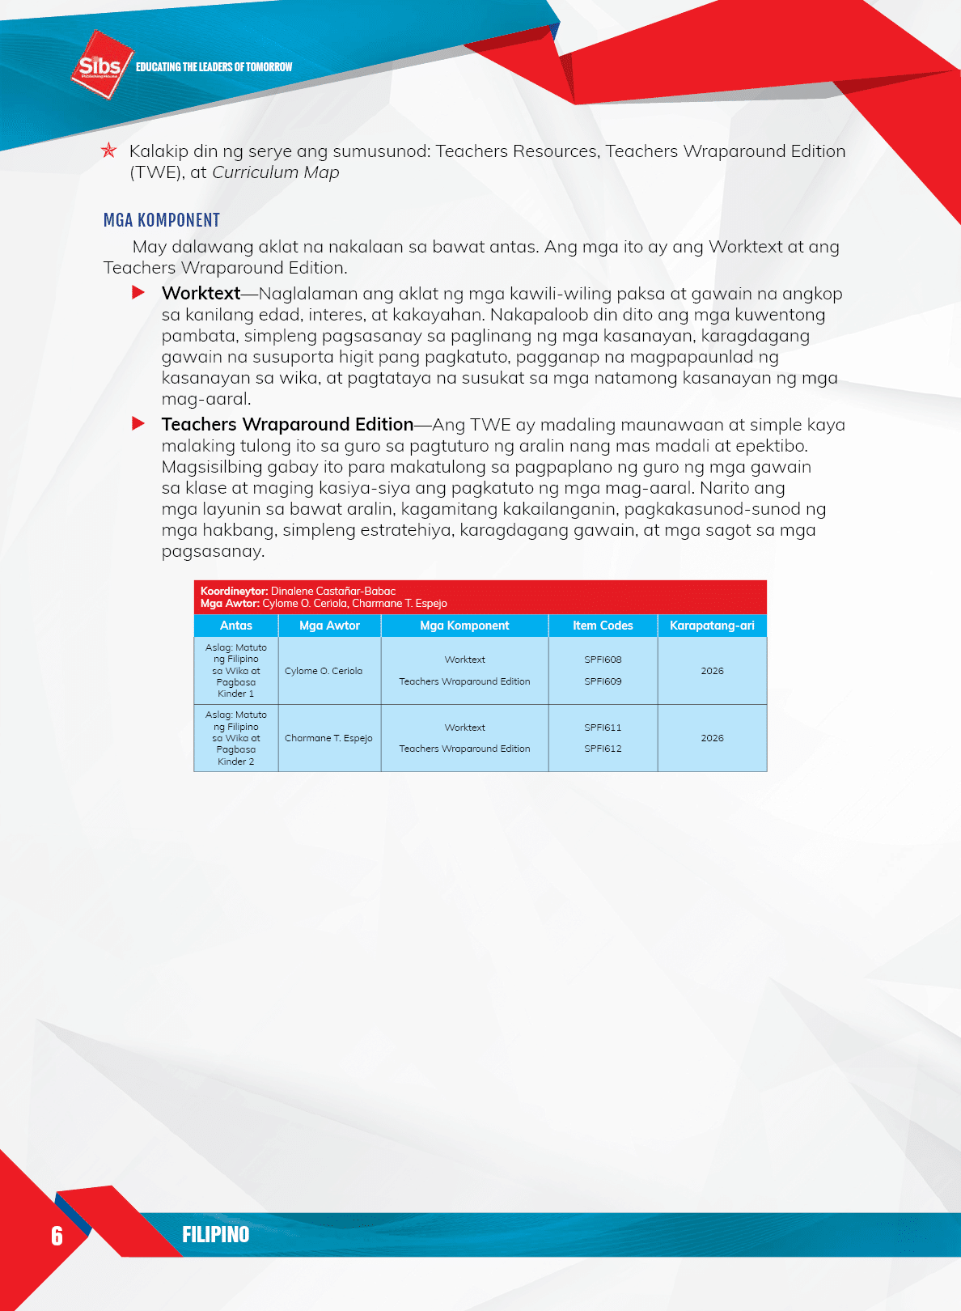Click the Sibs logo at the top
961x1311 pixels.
[x=100, y=65]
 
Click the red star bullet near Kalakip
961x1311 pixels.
[x=108, y=151]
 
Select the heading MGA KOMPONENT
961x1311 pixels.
[x=162, y=220]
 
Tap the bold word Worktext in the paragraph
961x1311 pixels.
[x=201, y=293]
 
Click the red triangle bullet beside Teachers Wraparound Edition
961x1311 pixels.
[x=138, y=423]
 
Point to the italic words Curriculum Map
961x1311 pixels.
[x=275, y=172]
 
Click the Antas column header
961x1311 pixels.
[x=235, y=626]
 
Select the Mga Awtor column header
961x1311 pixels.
[x=329, y=626]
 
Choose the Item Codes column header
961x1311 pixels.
[x=603, y=626]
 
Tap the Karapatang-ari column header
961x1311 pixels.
[x=712, y=626]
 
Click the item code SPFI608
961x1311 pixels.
[x=603, y=660]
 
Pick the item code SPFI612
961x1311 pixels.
[x=603, y=749]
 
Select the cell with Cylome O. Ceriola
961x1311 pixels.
[x=324, y=671]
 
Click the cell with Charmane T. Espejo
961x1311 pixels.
[x=328, y=738]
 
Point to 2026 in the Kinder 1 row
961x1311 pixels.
[x=712, y=671]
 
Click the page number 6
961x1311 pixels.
[x=57, y=1235]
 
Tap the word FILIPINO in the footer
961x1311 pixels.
[x=215, y=1234]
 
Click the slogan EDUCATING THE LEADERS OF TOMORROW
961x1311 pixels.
[x=214, y=67]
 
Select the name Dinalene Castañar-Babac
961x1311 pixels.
[x=333, y=592]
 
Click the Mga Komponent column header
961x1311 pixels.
[x=464, y=626]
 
